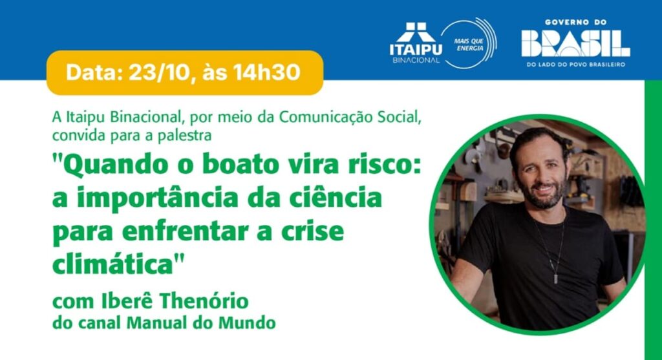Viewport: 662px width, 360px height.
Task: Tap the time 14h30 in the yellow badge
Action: (267, 72)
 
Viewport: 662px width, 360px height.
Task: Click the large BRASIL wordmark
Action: (575, 43)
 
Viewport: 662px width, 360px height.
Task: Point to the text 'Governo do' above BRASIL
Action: (575, 22)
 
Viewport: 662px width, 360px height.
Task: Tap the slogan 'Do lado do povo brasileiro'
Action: (575, 65)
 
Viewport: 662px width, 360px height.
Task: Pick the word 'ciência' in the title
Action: (330, 197)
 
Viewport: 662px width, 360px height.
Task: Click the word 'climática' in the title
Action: (112, 264)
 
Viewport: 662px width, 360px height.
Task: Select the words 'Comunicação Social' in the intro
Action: (350, 118)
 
